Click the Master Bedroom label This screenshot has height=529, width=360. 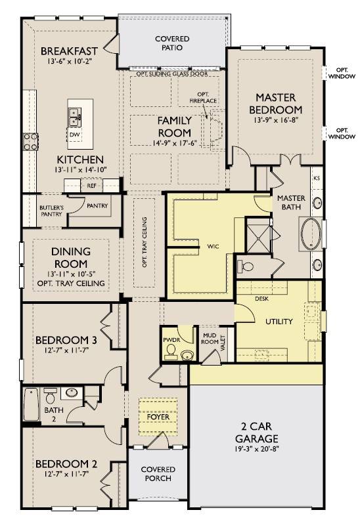(x=275, y=104)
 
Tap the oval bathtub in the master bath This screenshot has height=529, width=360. (x=311, y=234)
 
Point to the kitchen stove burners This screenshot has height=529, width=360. (x=30, y=142)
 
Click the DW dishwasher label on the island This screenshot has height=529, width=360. (x=74, y=135)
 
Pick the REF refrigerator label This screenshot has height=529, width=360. (x=92, y=186)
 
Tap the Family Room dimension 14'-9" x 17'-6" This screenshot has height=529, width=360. (x=175, y=143)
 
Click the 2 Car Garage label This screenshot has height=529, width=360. (x=257, y=432)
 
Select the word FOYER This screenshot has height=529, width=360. (x=158, y=417)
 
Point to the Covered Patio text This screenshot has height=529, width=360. (x=172, y=43)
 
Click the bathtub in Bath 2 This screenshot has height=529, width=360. (x=31, y=404)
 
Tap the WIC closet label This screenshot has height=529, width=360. (x=213, y=247)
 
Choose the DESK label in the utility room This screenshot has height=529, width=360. (x=261, y=299)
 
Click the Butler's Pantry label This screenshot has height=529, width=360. (x=51, y=211)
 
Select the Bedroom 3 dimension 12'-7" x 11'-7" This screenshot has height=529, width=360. (x=66, y=350)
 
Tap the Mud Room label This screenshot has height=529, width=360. (x=210, y=339)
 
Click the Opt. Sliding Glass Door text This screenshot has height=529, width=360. (x=172, y=74)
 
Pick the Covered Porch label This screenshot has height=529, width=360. (x=158, y=474)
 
